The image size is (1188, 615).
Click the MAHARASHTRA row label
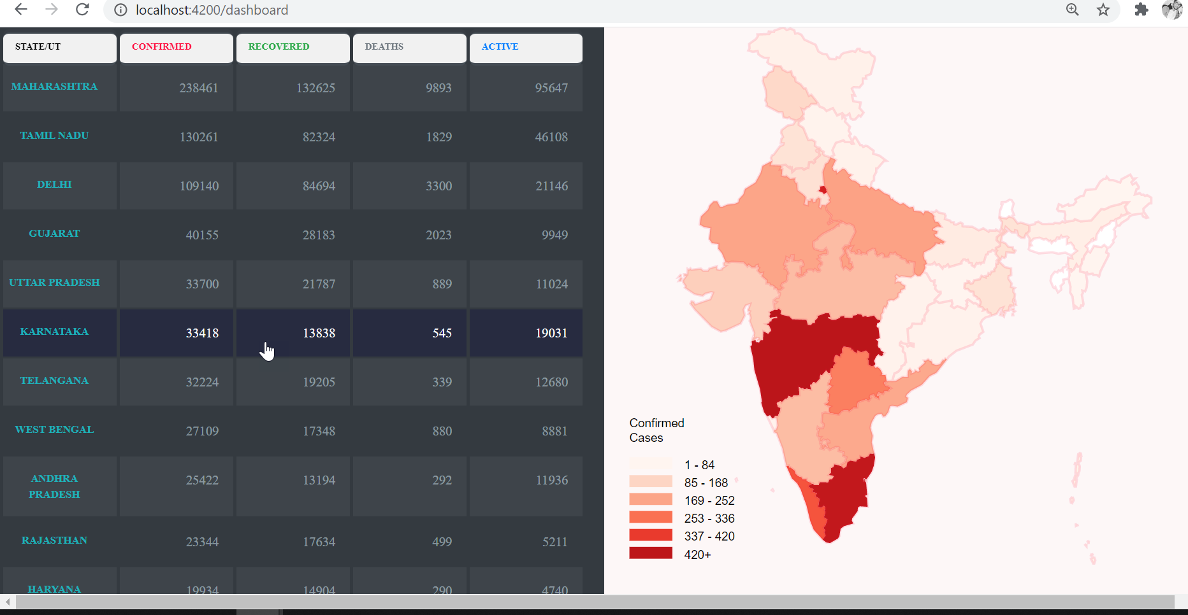coord(55,87)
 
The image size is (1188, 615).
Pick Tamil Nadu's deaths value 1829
coord(438,137)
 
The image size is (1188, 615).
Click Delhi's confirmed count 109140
coord(199,186)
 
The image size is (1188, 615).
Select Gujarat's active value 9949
coord(554,235)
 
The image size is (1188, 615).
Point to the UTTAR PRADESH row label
coord(55,283)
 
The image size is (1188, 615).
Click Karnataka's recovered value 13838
coord(319,333)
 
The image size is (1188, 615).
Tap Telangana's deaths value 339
coord(442,382)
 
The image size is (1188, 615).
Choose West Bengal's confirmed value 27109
coord(202,431)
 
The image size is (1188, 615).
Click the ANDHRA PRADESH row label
coord(55,486)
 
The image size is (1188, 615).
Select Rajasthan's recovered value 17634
coord(319,542)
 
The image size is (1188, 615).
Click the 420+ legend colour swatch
coord(651,553)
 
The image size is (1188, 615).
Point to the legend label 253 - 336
coord(709,518)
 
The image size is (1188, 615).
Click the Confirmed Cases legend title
coord(656,430)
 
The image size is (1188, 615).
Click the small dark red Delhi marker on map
coord(823,190)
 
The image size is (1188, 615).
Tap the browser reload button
coord(82,10)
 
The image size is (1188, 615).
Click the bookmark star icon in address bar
coord(1103,10)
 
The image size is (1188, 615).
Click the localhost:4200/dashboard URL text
coord(212,10)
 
